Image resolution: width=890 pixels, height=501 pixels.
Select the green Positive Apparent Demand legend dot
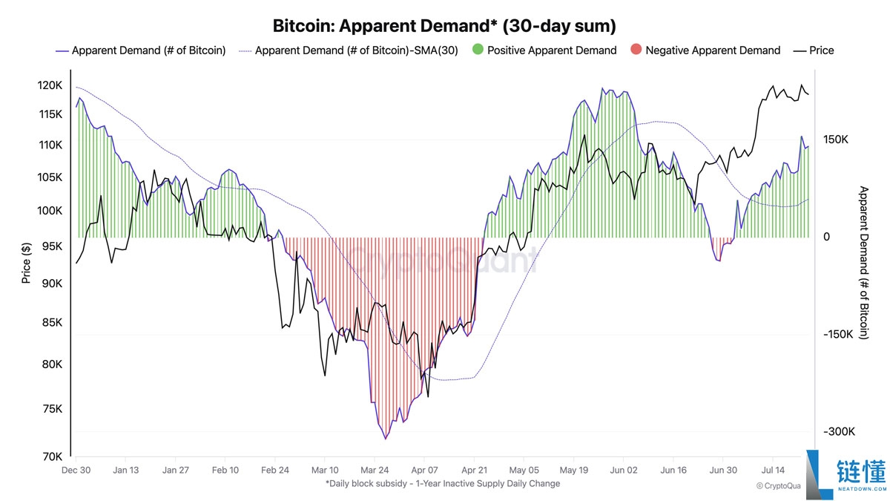coord(477,50)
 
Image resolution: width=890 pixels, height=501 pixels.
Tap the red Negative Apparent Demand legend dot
coord(635,50)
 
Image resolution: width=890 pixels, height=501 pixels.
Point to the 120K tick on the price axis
coord(50,85)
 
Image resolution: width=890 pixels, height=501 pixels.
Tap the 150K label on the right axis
coord(835,140)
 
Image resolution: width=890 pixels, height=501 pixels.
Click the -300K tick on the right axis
coord(839,432)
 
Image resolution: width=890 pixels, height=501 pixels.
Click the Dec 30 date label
coord(76,470)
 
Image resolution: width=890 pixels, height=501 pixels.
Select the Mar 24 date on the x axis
coord(375,470)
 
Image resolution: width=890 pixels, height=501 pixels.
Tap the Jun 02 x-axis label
coord(624,470)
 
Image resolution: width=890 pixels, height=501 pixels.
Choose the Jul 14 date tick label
coord(773,470)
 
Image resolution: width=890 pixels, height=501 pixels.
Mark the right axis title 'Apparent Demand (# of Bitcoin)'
coord(863,263)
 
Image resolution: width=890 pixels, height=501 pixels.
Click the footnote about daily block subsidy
coord(442,484)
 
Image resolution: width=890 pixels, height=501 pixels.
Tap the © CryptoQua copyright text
coord(779,485)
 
